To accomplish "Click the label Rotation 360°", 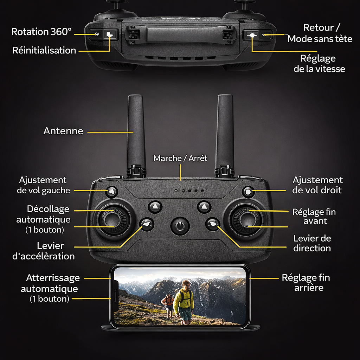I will tap(41, 32).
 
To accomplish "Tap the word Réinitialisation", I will tap(44, 50).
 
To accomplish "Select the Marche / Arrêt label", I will tap(180, 158).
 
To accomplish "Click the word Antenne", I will tap(63, 131).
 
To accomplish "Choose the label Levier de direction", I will tap(312, 243).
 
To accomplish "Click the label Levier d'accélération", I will tap(44, 251).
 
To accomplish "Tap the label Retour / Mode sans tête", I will tap(320, 33).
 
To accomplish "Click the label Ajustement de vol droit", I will tap(317, 185).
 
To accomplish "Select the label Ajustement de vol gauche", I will tap(43, 185).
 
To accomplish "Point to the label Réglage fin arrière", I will tap(306, 283).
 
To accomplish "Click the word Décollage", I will tap(48, 209).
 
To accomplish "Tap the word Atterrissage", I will tap(53, 278).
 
